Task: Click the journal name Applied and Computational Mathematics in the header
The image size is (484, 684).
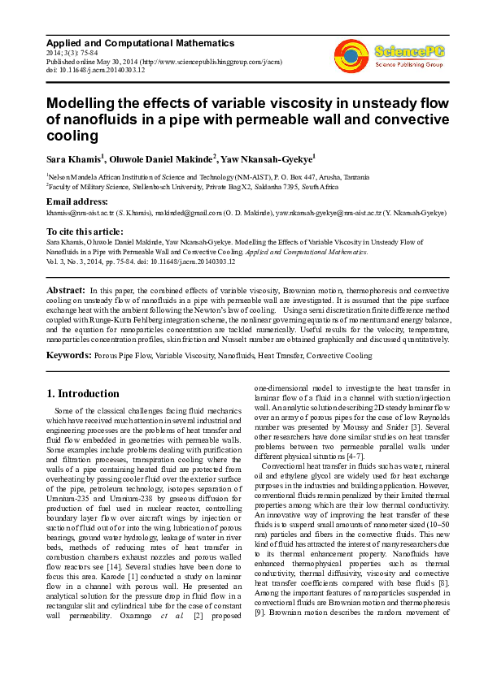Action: click(x=140, y=43)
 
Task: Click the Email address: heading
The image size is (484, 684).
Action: click(x=77, y=201)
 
